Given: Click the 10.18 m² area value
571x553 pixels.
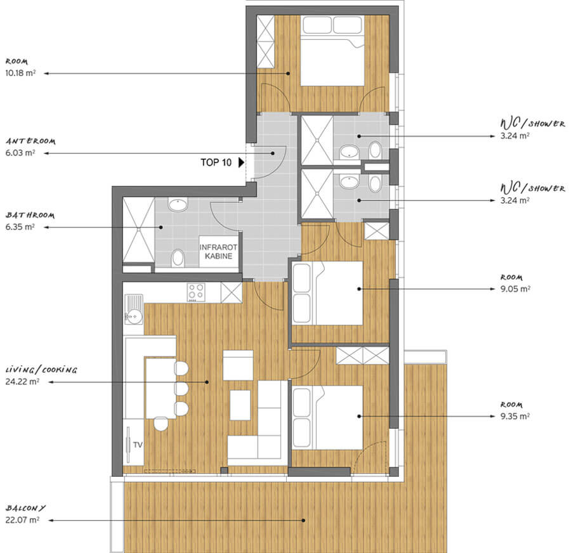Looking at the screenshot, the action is pos(20,73).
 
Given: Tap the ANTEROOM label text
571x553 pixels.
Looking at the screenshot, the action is pos(30,141).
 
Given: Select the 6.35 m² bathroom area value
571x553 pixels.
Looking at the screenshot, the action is pos(20,227).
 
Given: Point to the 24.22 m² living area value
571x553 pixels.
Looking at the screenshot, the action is pos(22,382).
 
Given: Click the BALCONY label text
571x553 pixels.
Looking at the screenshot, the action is pos(25,508).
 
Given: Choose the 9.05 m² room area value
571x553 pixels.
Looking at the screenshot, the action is pos(515,289).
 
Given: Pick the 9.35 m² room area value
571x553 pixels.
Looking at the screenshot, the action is pos(515,416).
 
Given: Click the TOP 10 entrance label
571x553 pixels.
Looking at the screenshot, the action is pos(216,162).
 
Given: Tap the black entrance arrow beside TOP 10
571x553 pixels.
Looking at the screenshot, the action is pos(241,162).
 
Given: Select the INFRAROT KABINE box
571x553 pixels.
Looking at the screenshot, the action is pos(218,252).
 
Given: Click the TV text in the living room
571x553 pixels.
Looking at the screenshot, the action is pos(138,445).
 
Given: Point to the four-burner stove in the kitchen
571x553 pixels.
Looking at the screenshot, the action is pos(196,292).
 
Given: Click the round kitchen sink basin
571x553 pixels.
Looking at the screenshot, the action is pos(135,316).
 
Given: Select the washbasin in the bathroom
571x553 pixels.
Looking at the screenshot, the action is pos(178,205).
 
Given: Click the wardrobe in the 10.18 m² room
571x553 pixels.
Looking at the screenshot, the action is pos(265,41).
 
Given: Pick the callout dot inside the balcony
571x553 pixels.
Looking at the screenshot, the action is pos(303,520).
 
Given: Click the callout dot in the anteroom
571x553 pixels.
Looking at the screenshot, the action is pos(273,153).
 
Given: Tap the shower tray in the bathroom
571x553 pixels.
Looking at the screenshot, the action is pos(139,230).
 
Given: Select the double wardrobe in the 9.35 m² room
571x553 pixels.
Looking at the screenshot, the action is pos(363,356).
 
